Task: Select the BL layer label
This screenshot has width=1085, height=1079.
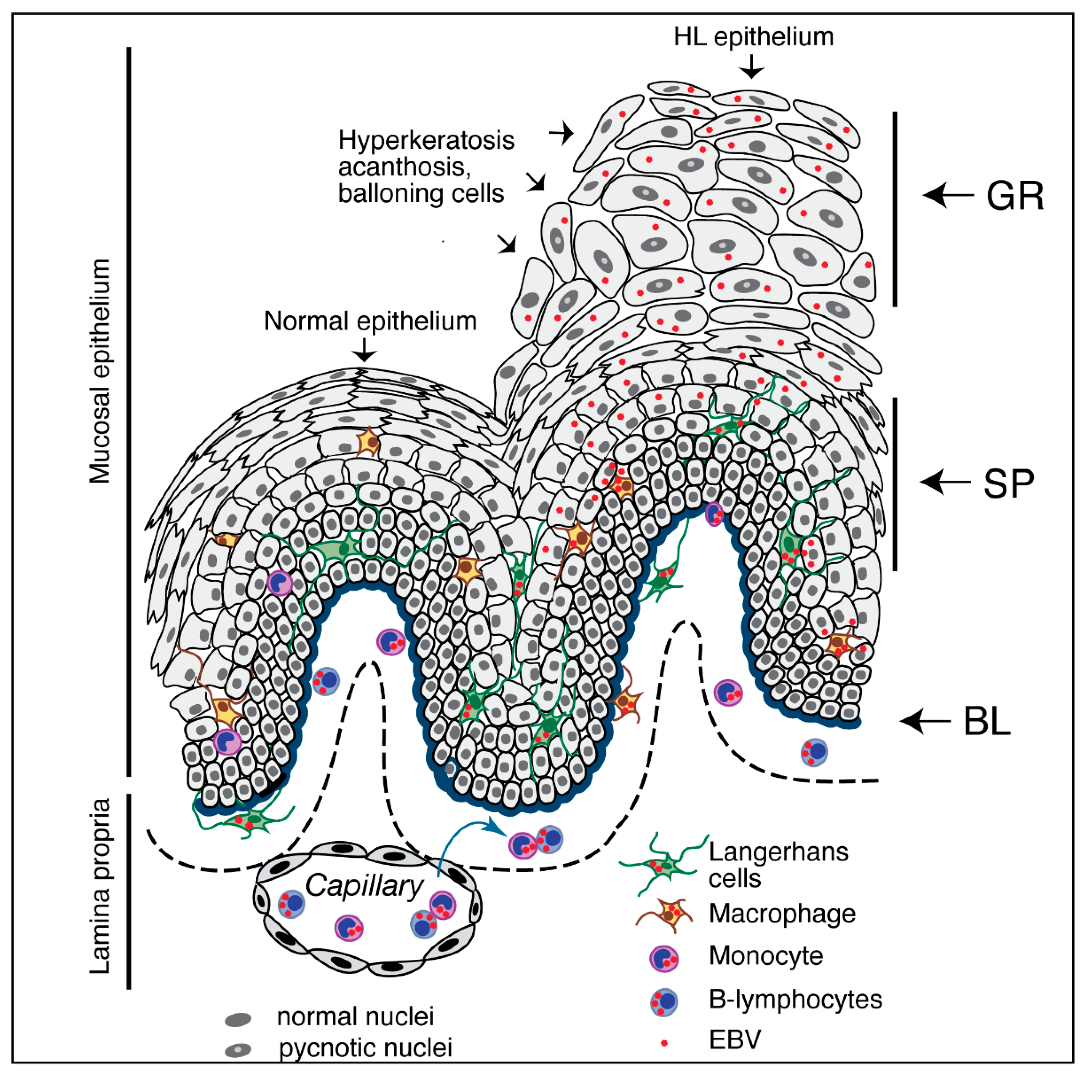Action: pos(987,722)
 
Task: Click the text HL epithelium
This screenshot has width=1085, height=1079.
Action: pos(753,37)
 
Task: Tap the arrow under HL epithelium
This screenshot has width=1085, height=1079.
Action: pos(751,69)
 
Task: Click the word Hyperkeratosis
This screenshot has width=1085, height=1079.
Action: pos(426,140)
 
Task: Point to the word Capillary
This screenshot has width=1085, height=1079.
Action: pos(364,886)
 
